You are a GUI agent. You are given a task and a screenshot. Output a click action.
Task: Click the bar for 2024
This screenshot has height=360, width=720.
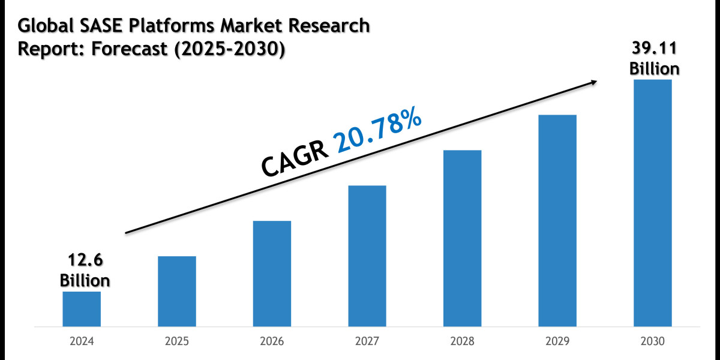click(82, 309)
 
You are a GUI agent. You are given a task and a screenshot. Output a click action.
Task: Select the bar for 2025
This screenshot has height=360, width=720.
click(177, 292)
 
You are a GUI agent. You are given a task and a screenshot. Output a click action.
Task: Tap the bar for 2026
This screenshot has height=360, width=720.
click(272, 274)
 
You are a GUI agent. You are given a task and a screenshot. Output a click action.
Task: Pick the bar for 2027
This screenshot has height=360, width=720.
click(367, 256)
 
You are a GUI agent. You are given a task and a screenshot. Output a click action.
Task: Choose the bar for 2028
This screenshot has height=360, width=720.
click(462, 238)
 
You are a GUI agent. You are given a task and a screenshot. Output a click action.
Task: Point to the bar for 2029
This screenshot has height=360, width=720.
click(557, 221)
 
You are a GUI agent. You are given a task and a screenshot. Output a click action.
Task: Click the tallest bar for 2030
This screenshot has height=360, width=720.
click(653, 203)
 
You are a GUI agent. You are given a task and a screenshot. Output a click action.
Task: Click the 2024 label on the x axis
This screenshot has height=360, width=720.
click(82, 342)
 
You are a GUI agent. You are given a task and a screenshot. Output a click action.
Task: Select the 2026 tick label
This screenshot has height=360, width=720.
click(272, 342)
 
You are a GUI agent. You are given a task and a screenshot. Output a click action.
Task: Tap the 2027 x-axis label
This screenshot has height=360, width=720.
click(367, 342)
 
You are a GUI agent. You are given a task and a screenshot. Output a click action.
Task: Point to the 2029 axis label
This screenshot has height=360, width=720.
click(557, 342)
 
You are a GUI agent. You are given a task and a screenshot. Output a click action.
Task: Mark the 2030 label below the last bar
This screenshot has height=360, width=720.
click(653, 342)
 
